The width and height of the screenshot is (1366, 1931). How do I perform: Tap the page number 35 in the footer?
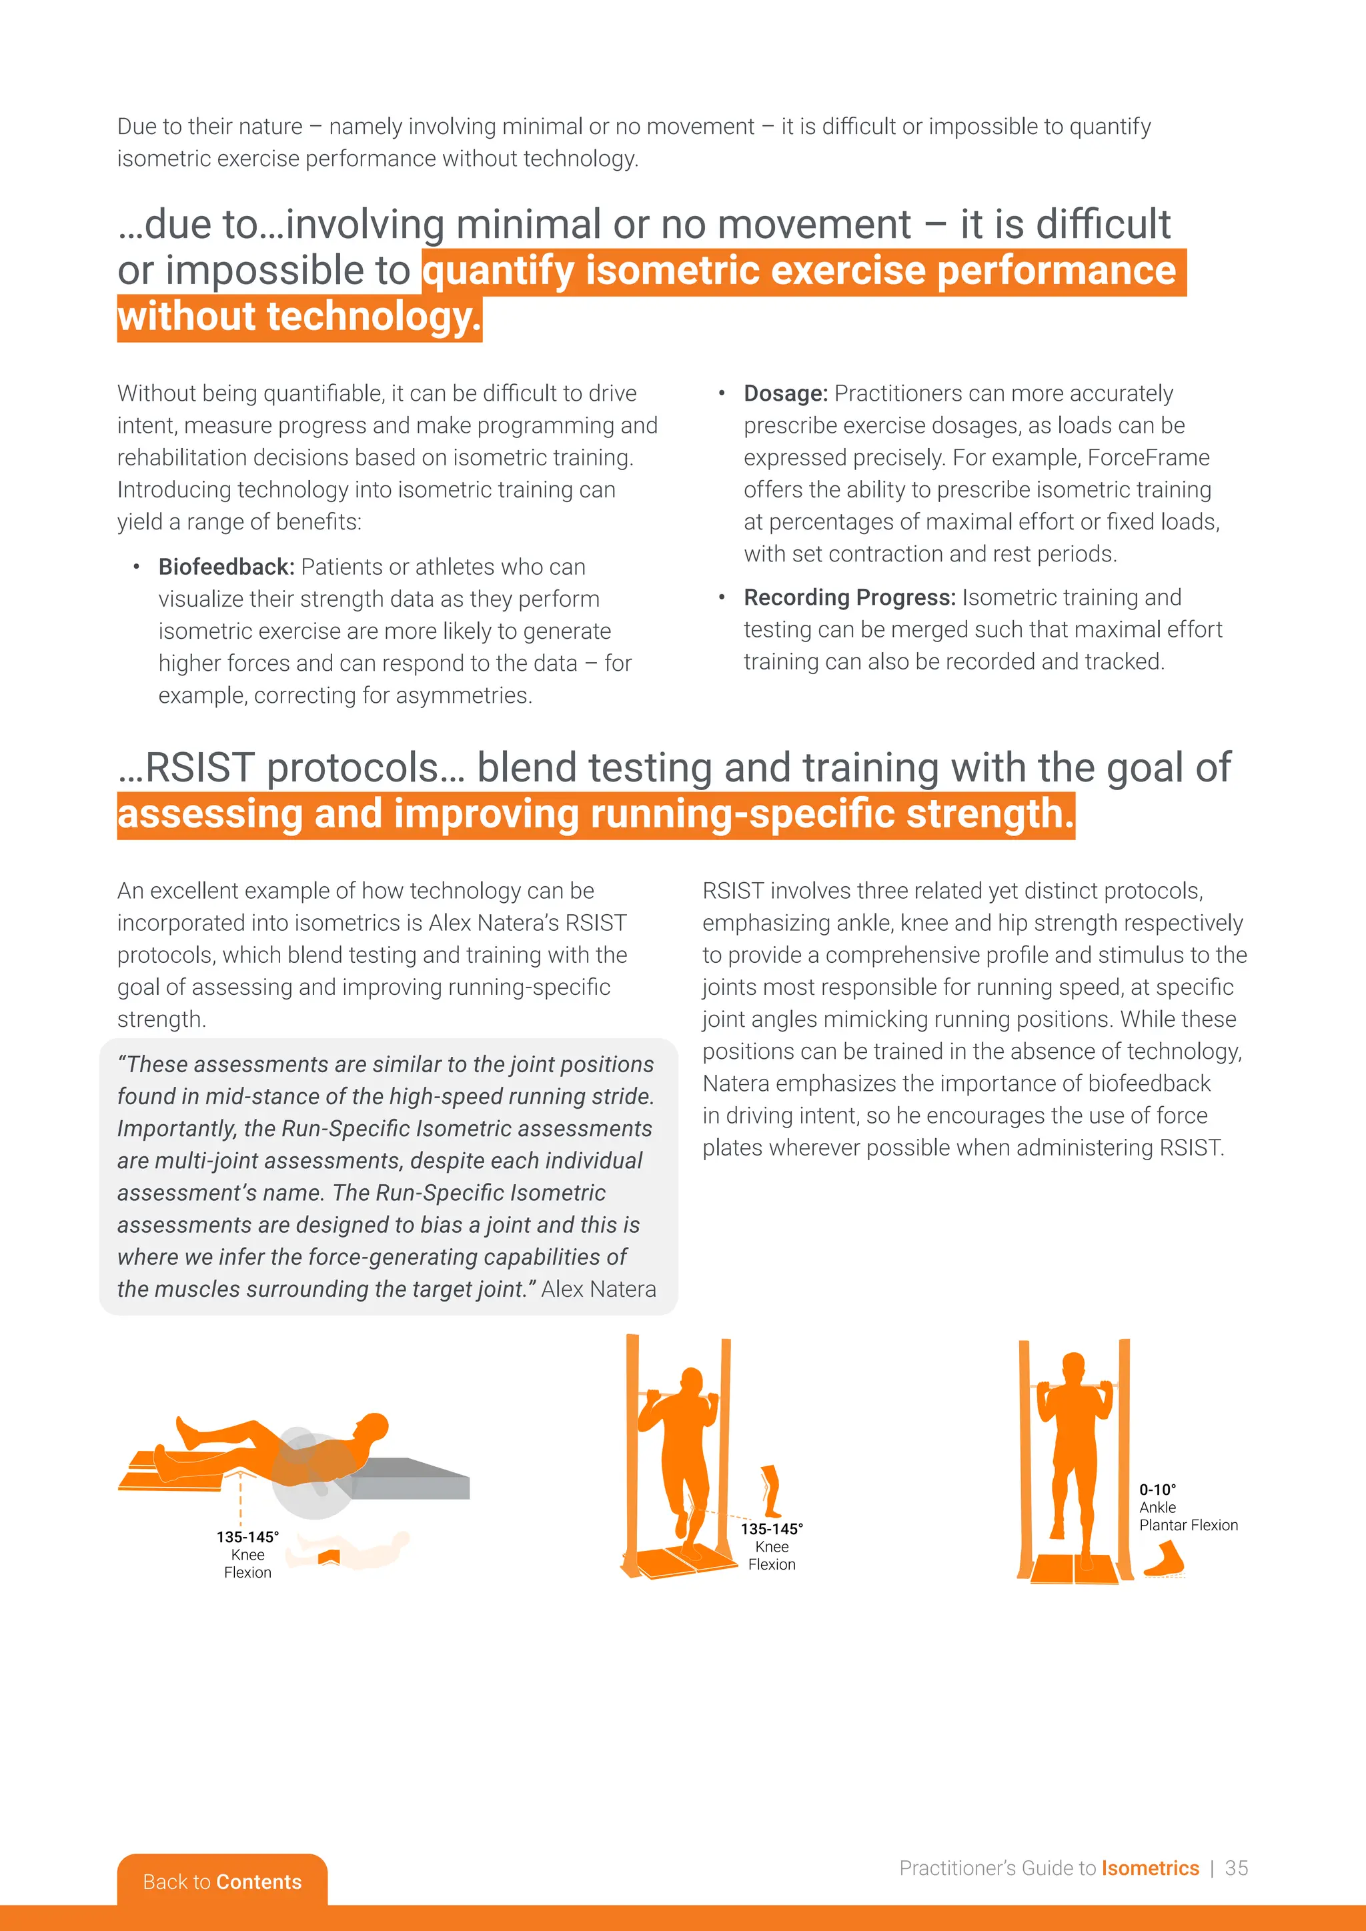click(1236, 1867)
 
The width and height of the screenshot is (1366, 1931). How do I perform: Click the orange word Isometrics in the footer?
click(1150, 1867)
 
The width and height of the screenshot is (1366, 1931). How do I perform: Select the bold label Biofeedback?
click(226, 567)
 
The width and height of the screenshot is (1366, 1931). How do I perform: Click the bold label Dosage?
click(785, 393)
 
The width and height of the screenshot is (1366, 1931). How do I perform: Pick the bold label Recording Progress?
click(848, 597)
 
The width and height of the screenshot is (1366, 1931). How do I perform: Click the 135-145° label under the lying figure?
click(247, 1536)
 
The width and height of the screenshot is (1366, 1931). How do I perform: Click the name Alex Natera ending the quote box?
click(598, 1290)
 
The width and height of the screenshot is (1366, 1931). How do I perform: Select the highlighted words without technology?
click(299, 318)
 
